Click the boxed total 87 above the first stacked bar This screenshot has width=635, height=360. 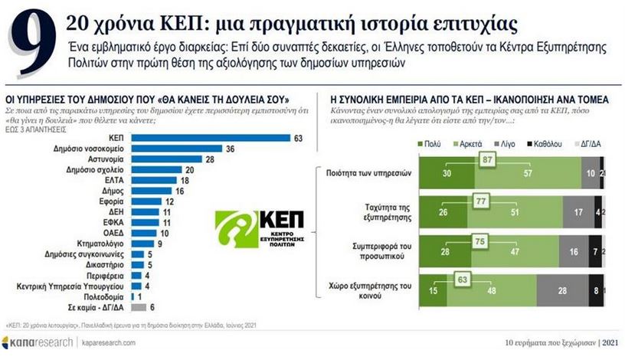486,159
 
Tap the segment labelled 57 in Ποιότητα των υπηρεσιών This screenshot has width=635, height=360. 529,174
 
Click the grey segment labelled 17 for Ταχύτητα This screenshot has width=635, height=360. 576,212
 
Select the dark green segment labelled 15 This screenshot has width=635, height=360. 434,290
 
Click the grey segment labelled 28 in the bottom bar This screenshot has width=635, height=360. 562,290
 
